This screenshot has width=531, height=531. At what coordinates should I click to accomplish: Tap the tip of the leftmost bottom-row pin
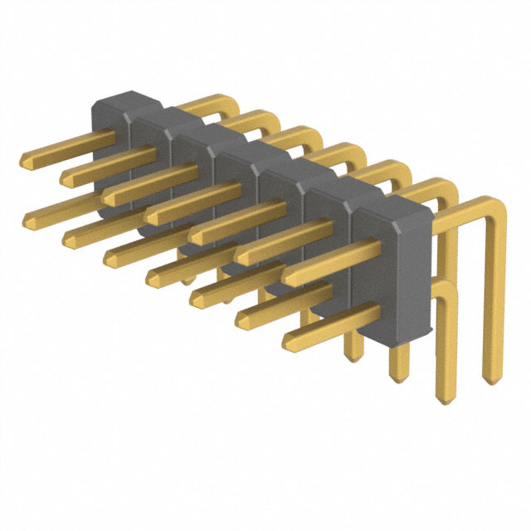27,218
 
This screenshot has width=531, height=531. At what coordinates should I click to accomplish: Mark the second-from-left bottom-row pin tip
66,239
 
